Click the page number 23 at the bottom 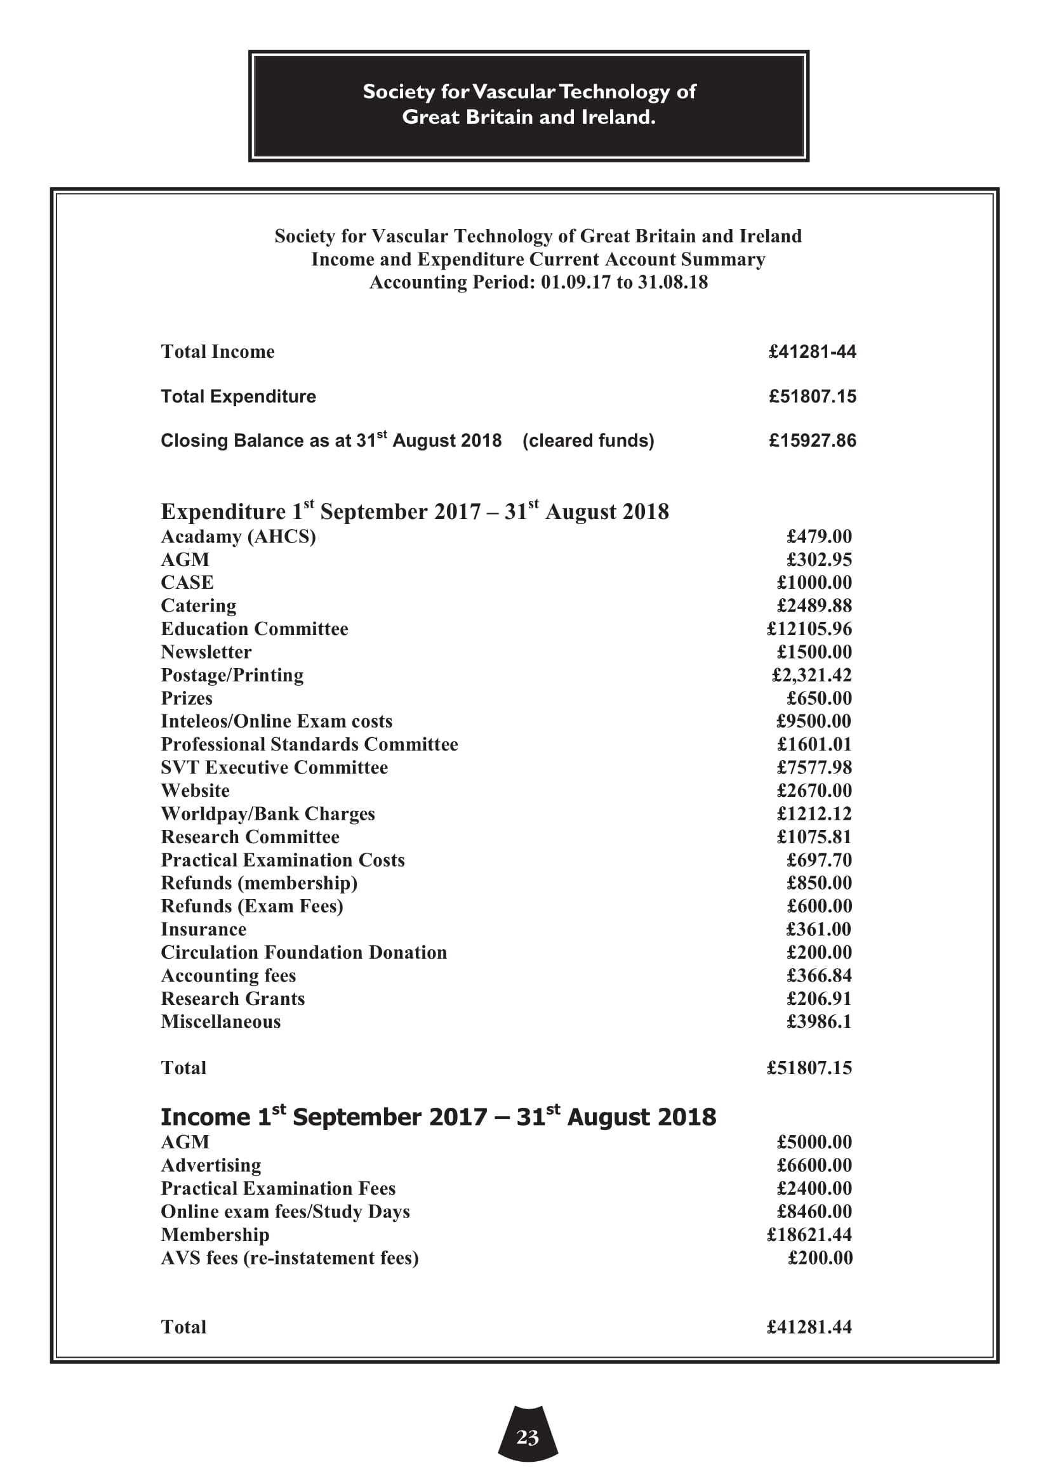(x=528, y=1437)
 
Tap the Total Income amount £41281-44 (x=812, y=351)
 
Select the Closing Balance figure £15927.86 (x=812, y=441)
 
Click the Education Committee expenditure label (x=254, y=629)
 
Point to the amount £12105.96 (x=809, y=629)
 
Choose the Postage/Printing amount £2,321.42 (x=812, y=676)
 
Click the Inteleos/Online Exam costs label (x=276, y=721)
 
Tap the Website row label (x=196, y=791)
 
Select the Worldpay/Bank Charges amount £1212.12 (x=814, y=814)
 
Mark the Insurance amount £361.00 (x=818, y=929)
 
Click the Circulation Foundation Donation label (x=304, y=953)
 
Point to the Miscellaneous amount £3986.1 (x=818, y=1022)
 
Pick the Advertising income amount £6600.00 (x=814, y=1166)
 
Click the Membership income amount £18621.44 (x=809, y=1235)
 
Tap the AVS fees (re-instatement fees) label (x=289, y=1257)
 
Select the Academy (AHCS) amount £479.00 (x=819, y=537)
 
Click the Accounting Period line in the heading (x=538, y=282)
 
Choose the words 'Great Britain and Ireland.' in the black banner (x=528, y=117)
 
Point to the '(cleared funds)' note (x=588, y=441)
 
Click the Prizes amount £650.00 (x=819, y=699)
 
